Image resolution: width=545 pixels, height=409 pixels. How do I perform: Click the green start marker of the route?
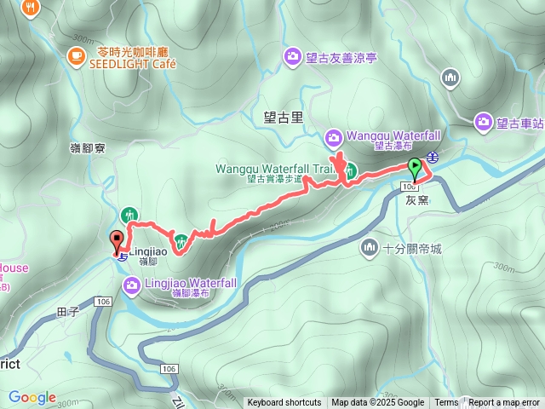pyautogui.click(x=415, y=166)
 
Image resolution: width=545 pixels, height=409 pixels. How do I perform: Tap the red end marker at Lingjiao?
pyautogui.click(x=116, y=240)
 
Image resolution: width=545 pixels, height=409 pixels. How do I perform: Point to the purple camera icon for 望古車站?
pyautogui.click(x=484, y=122)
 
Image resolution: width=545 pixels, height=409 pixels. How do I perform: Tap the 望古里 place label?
pyautogui.click(x=284, y=117)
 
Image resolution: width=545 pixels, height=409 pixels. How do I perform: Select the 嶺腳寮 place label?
pyautogui.click(x=87, y=147)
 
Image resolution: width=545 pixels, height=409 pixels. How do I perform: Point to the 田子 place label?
pyautogui.click(x=67, y=312)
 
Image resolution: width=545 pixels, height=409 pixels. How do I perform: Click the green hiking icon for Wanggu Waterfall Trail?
pyautogui.click(x=350, y=170)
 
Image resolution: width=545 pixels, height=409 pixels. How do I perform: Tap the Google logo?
pyautogui.click(x=32, y=397)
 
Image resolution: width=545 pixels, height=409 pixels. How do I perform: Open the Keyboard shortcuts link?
pyautogui.click(x=284, y=403)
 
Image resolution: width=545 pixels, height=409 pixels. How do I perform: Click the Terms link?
pyautogui.click(x=446, y=403)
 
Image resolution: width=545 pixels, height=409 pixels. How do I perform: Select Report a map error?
pyautogui.click(x=503, y=403)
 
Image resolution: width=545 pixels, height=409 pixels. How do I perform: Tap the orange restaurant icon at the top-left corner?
pyautogui.click(x=32, y=7)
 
